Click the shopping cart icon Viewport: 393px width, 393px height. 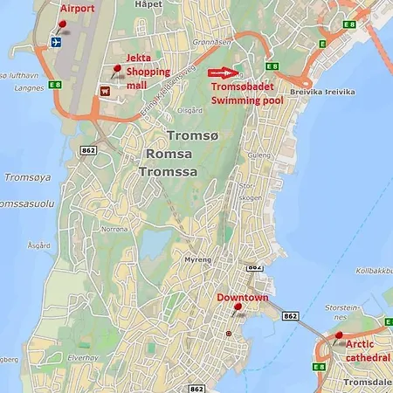[106, 89]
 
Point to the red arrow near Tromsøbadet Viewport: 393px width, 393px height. [223, 72]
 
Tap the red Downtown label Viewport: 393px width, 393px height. [242, 298]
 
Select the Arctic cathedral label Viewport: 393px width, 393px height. [368, 350]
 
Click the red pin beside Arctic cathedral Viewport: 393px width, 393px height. [339, 335]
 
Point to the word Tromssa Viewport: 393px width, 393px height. [168, 172]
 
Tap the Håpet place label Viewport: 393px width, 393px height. [149, 4]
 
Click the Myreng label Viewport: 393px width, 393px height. [198, 259]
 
